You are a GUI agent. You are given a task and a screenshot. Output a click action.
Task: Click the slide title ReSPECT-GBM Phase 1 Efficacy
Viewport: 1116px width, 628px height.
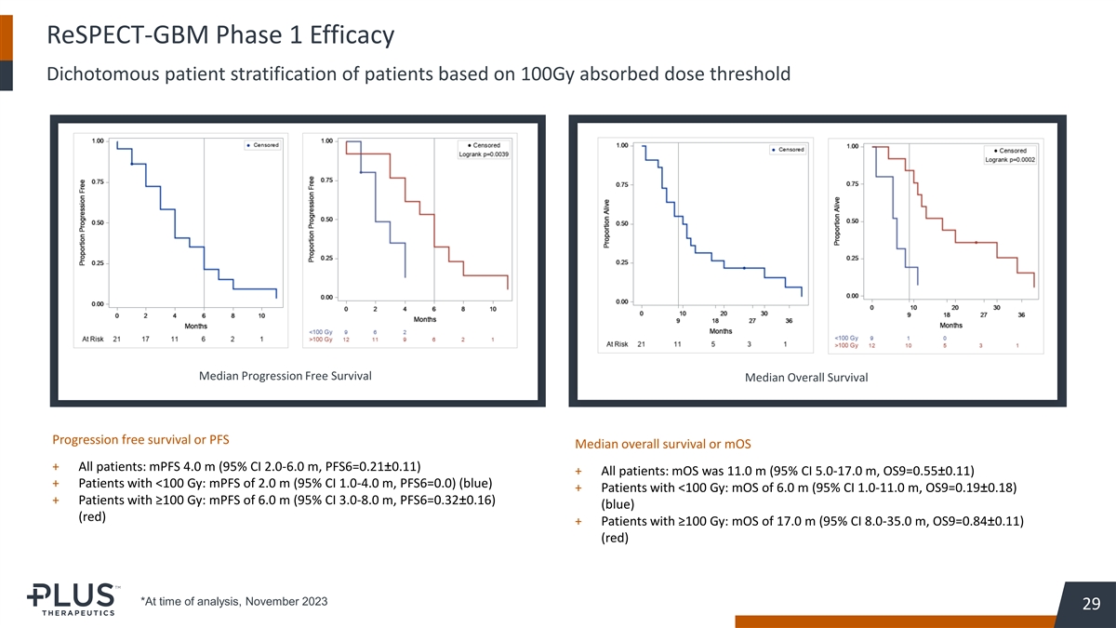[x=220, y=36]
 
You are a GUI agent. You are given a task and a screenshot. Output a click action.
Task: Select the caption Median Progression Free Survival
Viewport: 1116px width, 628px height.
[x=286, y=376]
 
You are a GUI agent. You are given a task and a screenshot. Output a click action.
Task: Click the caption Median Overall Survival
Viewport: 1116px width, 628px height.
[x=806, y=377]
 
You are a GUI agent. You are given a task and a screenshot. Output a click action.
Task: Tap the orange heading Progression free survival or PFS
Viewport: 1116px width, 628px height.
[x=140, y=438]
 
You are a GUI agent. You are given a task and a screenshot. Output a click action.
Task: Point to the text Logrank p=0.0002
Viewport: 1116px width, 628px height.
[x=1010, y=159]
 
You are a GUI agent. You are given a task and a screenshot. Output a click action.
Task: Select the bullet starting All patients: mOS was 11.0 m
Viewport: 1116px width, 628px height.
[x=788, y=471]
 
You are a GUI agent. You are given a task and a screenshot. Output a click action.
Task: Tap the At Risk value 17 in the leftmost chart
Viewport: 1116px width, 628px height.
[x=146, y=339]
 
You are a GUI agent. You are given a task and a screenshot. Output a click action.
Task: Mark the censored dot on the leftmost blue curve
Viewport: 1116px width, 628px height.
[x=133, y=164]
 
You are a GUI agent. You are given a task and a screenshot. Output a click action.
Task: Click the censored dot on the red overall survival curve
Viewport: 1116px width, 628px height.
[x=976, y=242]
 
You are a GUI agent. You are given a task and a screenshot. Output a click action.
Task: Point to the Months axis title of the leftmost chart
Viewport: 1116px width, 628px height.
[x=195, y=327]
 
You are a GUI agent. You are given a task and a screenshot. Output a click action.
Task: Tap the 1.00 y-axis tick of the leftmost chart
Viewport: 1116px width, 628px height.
[x=98, y=141]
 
